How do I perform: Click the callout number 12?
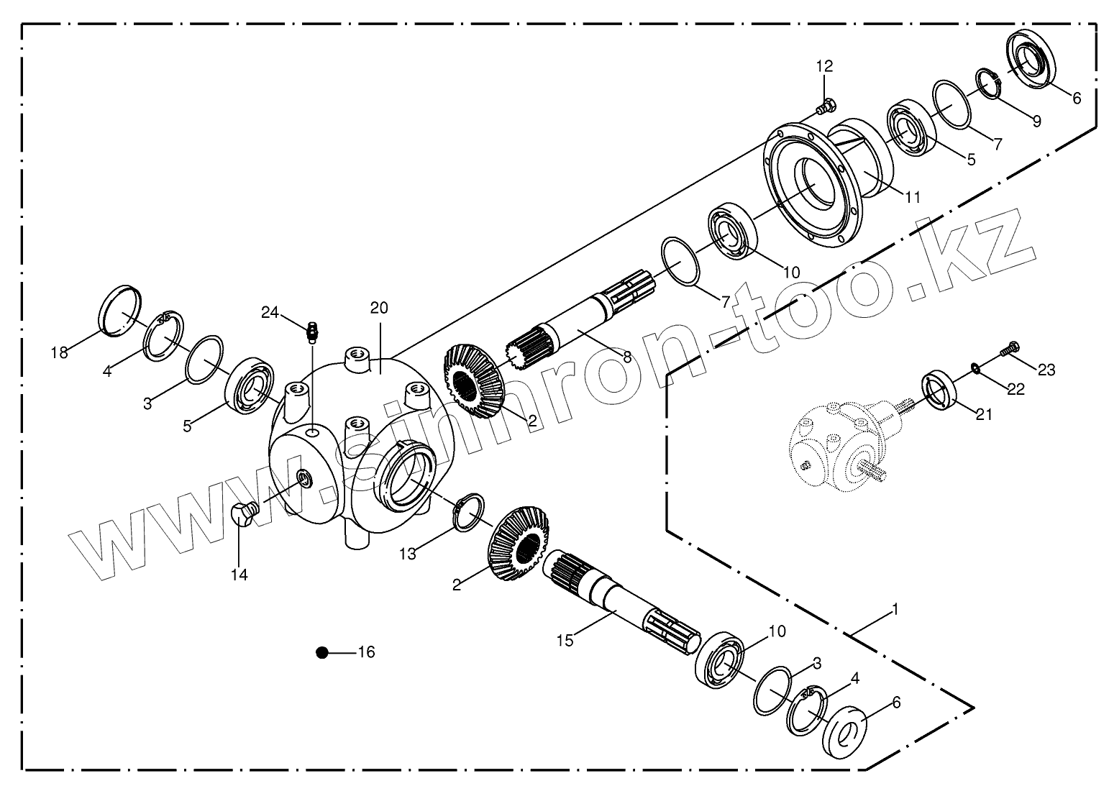click(824, 66)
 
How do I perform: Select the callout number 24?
click(270, 312)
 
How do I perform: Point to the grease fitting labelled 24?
click(311, 332)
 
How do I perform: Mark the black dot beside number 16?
click(322, 652)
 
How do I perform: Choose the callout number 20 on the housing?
click(379, 308)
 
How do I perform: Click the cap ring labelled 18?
click(119, 311)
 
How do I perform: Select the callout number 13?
click(408, 554)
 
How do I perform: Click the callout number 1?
click(895, 610)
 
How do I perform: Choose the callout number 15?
click(565, 640)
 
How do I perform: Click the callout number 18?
click(59, 352)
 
